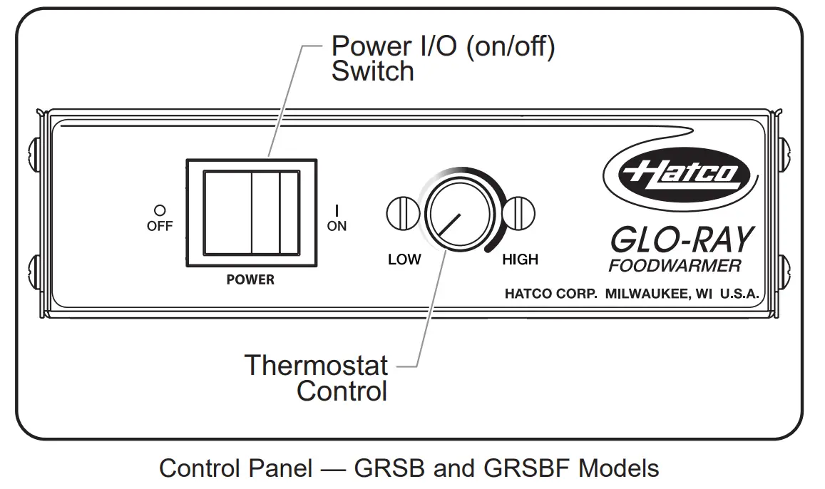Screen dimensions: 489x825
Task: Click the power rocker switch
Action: click(x=251, y=212)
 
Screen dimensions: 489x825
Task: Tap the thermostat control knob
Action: click(x=458, y=213)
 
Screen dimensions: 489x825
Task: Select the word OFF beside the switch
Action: click(x=160, y=226)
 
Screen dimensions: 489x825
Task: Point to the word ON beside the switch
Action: click(x=337, y=226)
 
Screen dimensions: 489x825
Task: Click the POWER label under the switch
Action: click(x=250, y=280)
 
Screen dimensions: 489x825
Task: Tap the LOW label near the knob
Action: click(x=404, y=259)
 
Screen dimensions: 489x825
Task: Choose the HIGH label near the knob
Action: click(x=520, y=259)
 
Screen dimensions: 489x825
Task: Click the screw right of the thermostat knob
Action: click(x=518, y=212)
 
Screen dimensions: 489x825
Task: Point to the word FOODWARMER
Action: click(x=675, y=267)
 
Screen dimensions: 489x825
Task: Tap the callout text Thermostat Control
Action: click(x=317, y=378)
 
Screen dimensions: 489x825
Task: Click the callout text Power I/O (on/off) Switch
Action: click(x=442, y=58)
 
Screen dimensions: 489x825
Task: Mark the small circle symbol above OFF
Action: click(x=160, y=210)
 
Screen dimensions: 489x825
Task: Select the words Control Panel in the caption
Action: click(x=235, y=468)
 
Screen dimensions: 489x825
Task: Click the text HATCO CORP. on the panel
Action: click(x=550, y=294)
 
